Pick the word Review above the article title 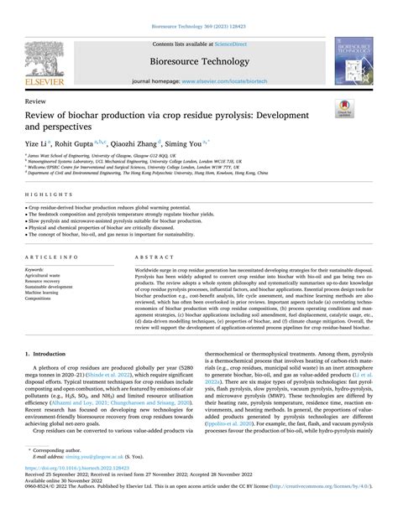(x=36, y=99)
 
